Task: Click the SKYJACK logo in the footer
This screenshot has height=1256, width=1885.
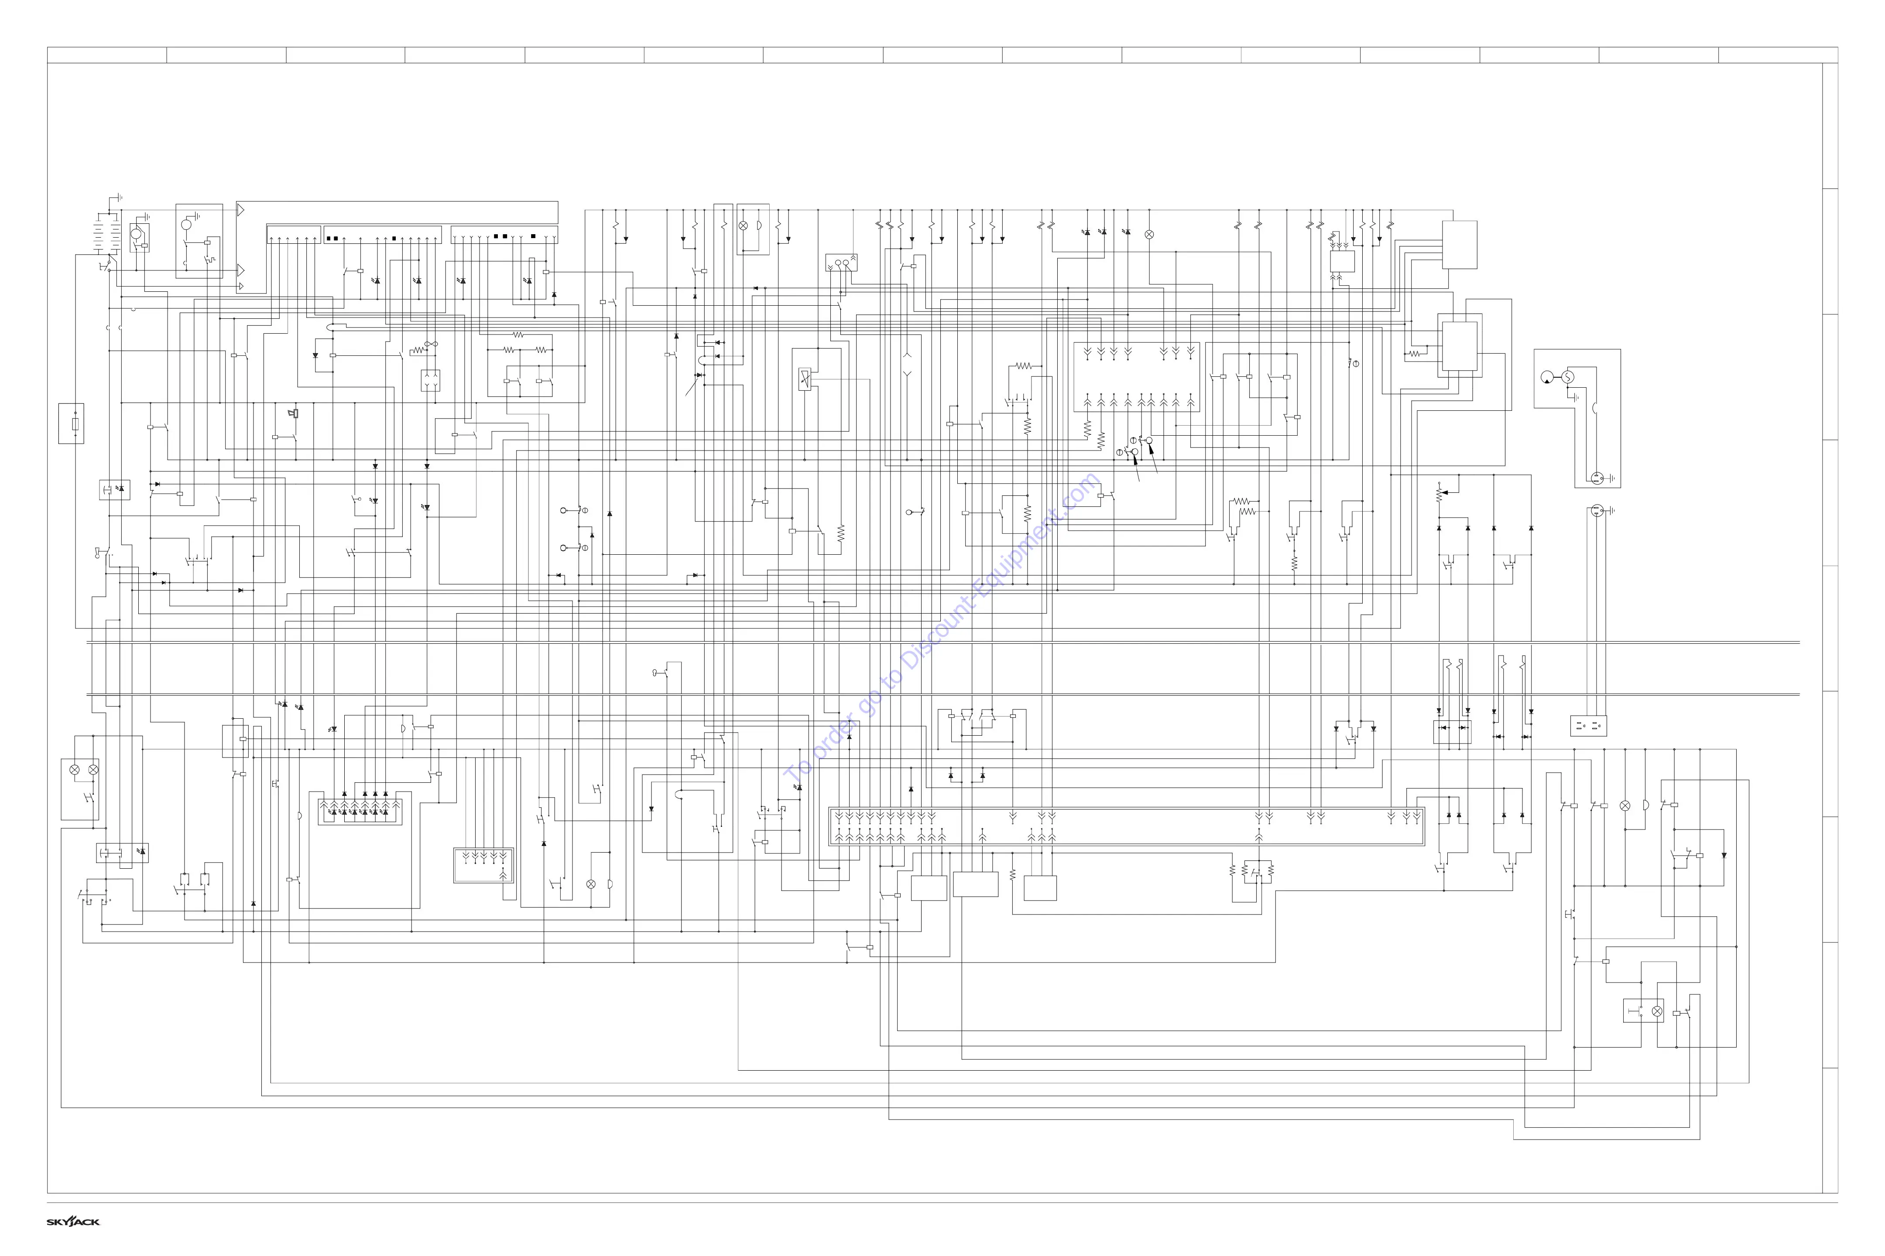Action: pos(73,1222)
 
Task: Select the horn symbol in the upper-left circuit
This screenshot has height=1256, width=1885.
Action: pos(293,413)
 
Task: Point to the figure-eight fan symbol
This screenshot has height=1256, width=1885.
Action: pos(431,344)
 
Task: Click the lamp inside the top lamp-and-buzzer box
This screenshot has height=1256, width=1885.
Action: pos(744,226)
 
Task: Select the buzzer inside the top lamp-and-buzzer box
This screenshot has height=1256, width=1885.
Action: pos(759,226)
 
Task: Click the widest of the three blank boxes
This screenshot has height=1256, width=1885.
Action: pos(975,884)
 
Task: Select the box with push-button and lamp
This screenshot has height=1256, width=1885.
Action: pos(1643,1011)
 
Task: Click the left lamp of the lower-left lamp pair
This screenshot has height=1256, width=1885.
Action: pos(75,770)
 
